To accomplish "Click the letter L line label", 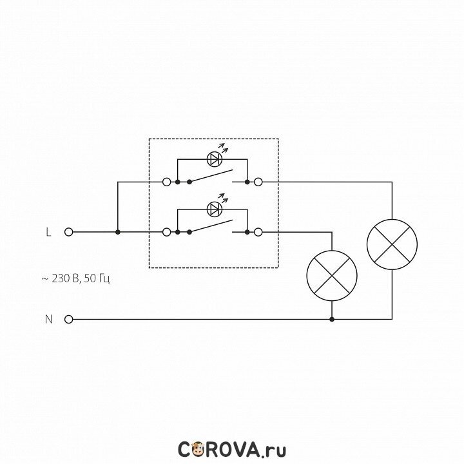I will point(48,231).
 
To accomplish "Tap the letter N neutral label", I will point(48,319).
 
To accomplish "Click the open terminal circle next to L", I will point(68,231).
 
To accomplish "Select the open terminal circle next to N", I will point(68,319).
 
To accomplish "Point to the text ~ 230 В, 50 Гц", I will point(76,279).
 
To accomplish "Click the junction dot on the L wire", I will point(118,231).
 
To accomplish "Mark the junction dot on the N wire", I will point(331,319).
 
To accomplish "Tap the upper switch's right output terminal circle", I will point(258,182).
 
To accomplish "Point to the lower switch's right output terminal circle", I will point(258,231).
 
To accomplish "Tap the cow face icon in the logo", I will point(198,449).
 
